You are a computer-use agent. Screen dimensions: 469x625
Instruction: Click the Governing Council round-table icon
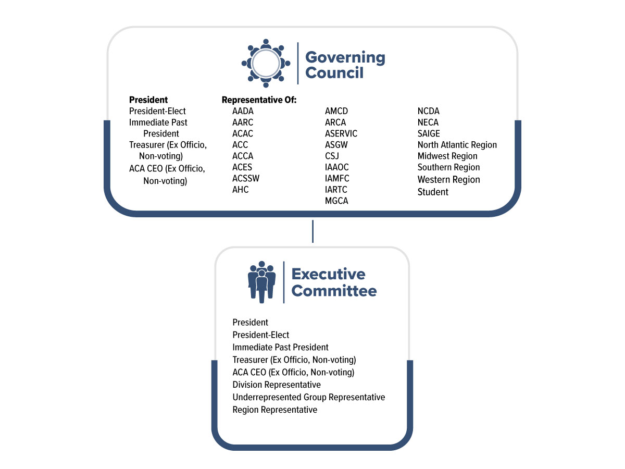[266, 63]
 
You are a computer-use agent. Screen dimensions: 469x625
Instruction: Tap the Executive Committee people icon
[262, 282]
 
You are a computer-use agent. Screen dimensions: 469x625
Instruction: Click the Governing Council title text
[345, 65]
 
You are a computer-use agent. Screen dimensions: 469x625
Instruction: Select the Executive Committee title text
[334, 282]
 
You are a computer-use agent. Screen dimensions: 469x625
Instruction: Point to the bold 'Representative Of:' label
[259, 100]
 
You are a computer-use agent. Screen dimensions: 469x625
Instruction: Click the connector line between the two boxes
[312, 231]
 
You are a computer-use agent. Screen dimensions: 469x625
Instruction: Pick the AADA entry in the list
[243, 111]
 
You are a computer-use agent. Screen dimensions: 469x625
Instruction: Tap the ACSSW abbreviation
[246, 178]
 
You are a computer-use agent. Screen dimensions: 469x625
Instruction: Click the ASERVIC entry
[341, 133]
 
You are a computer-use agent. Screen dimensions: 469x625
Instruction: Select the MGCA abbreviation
[336, 201]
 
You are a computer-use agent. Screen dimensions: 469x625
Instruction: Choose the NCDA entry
[429, 111]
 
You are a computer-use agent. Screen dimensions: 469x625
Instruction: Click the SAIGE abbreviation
[429, 133]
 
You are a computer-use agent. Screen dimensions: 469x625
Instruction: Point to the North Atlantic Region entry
[457, 145]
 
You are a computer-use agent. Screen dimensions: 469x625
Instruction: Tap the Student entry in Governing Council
[433, 192]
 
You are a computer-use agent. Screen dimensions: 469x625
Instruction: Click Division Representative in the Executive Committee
[277, 385]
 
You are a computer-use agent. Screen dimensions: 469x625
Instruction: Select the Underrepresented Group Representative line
[309, 397]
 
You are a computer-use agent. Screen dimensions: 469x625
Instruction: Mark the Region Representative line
[275, 410]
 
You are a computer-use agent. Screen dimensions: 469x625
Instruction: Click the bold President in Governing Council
[148, 100]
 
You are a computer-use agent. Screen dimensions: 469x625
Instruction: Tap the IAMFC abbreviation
[337, 178]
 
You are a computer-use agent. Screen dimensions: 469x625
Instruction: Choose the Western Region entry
[448, 180]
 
